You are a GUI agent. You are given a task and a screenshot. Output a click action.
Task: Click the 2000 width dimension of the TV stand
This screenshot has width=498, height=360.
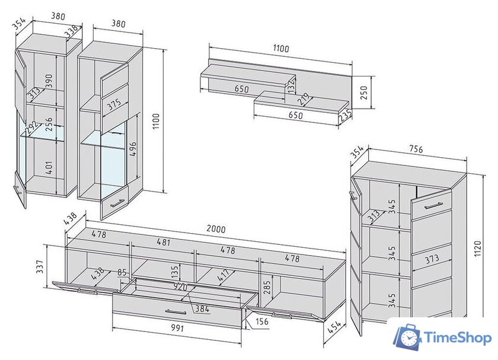(216, 229)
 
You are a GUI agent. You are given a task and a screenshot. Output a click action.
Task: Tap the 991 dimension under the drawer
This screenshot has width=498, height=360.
(177, 327)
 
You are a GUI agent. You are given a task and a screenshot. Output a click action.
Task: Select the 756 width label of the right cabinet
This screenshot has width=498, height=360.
(416, 149)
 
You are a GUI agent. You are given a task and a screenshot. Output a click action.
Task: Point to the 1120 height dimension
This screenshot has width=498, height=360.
(478, 249)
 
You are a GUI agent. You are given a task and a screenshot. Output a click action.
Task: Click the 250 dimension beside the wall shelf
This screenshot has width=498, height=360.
(364, 93)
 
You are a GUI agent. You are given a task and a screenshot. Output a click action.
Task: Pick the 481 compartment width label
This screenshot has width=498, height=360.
(164, 242)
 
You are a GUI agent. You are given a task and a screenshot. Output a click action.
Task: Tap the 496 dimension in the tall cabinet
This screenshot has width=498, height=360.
(133, 149)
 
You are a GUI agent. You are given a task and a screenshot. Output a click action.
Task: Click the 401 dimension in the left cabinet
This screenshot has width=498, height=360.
(49, 167)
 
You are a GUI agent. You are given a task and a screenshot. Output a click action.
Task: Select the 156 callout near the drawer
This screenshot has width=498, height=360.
(261, 321)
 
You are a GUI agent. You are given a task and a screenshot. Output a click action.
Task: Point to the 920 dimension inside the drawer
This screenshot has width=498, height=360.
(180, 287)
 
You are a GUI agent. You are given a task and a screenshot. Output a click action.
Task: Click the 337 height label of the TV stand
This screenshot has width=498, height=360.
(40, 267)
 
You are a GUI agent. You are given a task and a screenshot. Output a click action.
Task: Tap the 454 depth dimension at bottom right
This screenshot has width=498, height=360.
(334, 327)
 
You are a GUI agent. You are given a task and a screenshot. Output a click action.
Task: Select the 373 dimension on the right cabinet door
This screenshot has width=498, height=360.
(432, 259)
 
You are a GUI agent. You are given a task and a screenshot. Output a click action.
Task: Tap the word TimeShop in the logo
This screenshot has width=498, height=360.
(458, 337)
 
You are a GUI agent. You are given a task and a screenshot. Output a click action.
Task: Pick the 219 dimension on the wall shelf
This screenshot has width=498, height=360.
(304, 100)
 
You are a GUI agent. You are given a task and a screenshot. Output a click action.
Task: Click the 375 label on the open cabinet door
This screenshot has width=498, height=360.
(114, 104)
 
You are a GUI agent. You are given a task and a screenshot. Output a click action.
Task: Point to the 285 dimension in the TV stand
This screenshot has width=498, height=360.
(267, 287)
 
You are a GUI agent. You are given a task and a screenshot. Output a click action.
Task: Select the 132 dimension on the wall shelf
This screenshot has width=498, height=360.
(291, 85)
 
